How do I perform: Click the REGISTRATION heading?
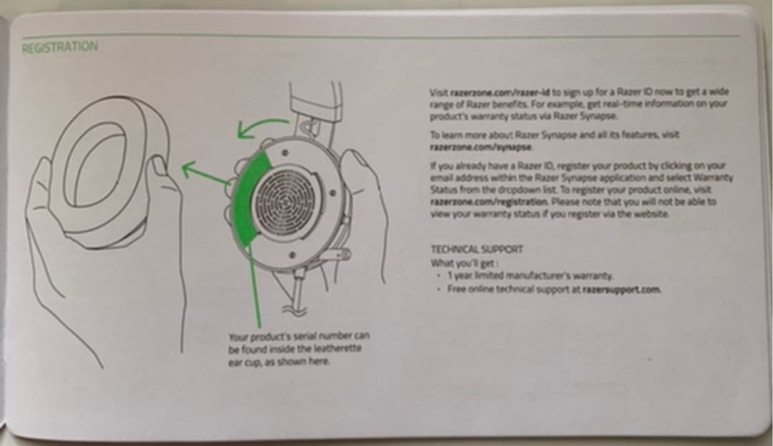point(59,47)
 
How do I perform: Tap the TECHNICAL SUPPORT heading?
point(477,249)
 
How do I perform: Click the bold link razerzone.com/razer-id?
point(500,92)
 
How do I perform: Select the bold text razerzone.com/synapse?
point(481,147)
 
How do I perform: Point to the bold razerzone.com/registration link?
point(489,202)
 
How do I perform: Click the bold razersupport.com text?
point(621,289)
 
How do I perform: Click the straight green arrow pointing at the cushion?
point(207,173)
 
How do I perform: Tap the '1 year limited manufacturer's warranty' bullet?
point(530,276)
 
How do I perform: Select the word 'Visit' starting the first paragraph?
point(439,92)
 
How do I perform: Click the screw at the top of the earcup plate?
point(284,153)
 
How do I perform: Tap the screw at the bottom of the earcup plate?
point(292,256)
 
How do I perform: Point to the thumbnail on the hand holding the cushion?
point(159,165)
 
